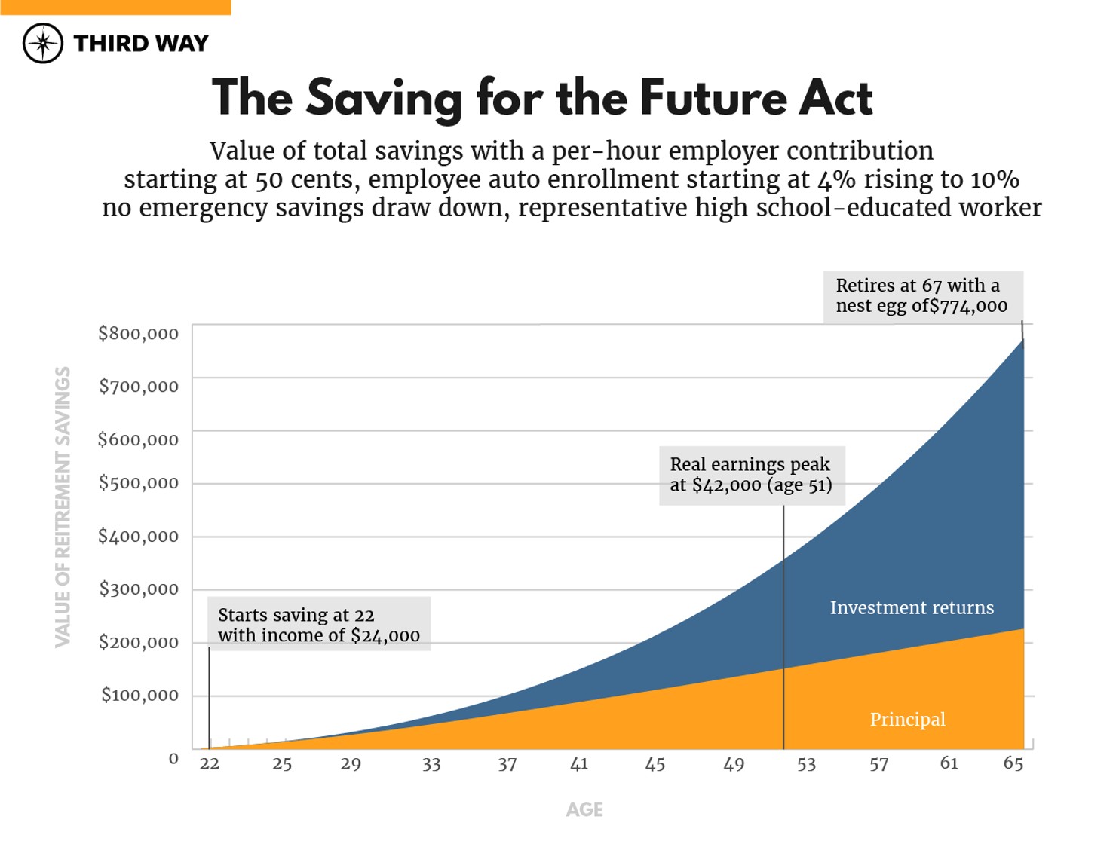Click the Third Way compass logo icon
tap(43, 43)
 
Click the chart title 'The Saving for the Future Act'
tap(541, 98)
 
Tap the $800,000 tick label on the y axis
tap(139, 333)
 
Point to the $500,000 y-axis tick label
tap(139, 483)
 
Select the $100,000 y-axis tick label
tap(140, 695)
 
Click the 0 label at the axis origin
tap(173, 759)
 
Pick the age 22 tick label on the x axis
tap(210, 763)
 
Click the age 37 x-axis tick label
tap(507, 764)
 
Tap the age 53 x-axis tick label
tap(807, 764)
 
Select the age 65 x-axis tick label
tap(1013, 763)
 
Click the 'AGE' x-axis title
tap(584, 809)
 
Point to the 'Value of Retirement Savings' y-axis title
tap(63, 506)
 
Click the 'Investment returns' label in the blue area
tap(912, 607)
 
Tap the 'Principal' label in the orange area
tap(907, 719)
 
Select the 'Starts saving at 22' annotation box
tap(319, 624)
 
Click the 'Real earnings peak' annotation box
tap(751, 475)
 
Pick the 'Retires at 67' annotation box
tap(922, 296)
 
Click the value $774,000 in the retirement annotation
tap(969, 307)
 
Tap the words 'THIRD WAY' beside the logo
tap(141, 44)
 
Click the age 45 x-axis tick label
tap(655, 764)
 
